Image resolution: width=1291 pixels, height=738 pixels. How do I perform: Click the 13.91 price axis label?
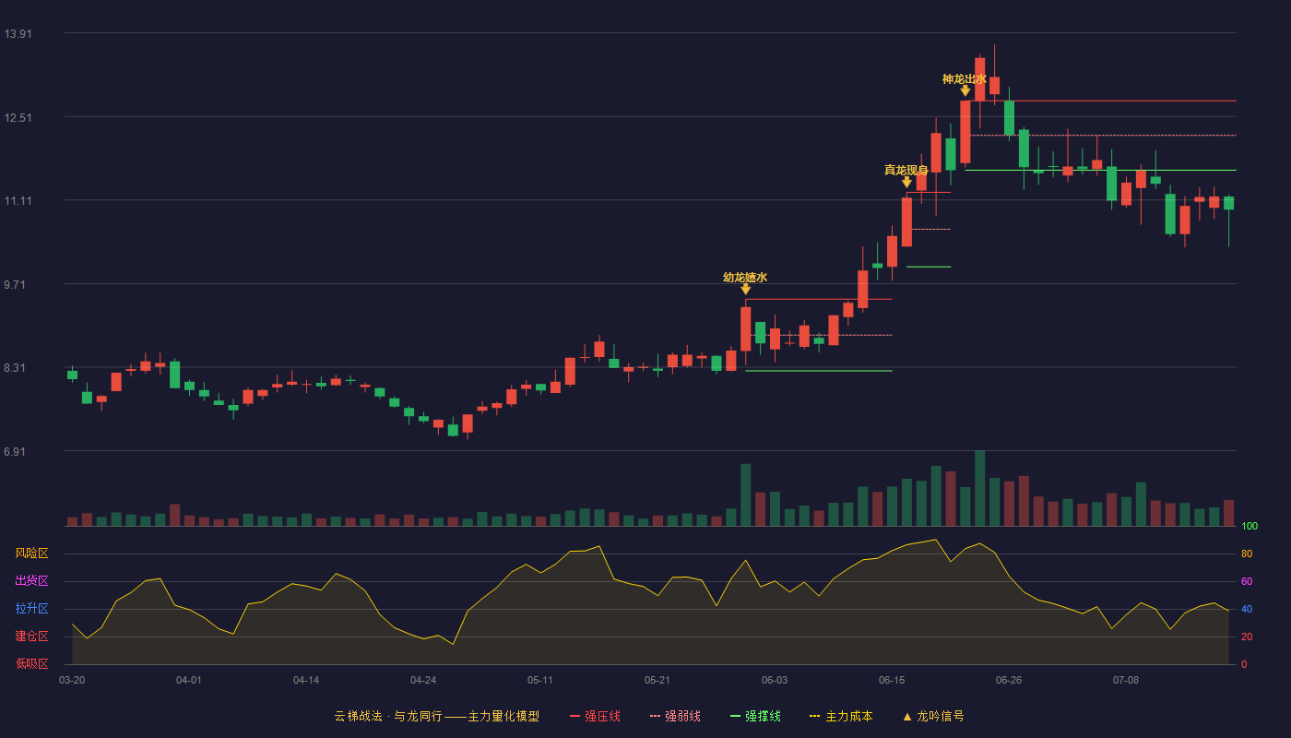tap(18, 33)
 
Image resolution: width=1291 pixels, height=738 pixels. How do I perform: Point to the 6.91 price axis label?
tap(15, 451)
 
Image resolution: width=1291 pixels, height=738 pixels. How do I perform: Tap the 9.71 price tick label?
tap(15, 284)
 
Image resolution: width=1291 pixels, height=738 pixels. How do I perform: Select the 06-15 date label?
tap(892, 680)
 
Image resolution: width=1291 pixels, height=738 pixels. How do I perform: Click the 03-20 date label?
tap(72, 680)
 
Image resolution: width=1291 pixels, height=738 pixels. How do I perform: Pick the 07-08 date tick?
tap(1126, 680)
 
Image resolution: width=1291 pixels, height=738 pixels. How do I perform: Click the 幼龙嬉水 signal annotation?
tap(745, 278)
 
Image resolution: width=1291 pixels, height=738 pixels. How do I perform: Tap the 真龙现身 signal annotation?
tap(906, 170)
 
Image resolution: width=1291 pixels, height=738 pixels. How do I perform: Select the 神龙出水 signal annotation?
tap(965, 79)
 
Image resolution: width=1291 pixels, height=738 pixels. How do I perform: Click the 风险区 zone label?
tap(31, 553)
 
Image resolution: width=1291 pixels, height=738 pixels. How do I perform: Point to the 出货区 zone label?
tap(31, 580)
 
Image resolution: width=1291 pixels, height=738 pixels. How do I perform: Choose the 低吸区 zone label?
tap(31, 663)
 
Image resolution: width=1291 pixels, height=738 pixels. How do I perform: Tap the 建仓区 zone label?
tap(31, 636)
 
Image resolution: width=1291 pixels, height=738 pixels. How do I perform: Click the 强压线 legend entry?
tap(595, 716)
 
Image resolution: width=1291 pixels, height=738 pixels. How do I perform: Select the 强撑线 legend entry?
tap(755, 716)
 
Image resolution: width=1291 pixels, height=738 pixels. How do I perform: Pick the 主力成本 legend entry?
tap(841, 716)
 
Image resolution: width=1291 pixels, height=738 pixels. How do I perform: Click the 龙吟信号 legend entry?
tap(933, 716)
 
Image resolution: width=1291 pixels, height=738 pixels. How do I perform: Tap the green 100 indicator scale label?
tap(1250, 526)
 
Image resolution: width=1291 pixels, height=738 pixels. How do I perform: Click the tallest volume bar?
tap(979, 488)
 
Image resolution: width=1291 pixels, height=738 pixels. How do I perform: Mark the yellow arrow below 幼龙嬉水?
tap(746, 289)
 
